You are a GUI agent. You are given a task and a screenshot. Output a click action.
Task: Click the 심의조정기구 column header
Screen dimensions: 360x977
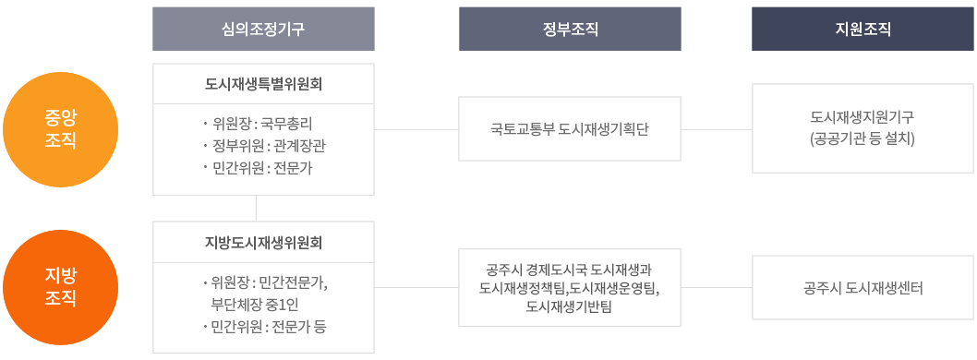pos(263,29)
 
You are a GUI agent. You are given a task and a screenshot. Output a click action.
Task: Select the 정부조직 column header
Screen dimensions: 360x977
pos(570,29)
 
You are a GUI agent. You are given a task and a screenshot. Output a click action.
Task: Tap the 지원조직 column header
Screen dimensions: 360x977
pos(862,29)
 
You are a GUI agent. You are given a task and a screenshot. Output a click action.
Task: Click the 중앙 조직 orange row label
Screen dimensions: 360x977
pos(61,129)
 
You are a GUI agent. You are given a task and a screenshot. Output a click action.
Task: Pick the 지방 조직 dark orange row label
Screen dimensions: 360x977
pos(61,287)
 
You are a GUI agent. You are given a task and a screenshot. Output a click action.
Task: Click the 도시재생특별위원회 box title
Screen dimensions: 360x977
pos(263,85)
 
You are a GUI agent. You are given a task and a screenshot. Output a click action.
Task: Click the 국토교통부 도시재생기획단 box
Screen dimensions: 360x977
pos(570,129)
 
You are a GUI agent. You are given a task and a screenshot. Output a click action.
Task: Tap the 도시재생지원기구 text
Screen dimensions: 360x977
pos(862,118)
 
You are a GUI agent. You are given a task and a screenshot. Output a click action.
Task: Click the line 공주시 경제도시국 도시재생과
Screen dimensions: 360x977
pos(570,270)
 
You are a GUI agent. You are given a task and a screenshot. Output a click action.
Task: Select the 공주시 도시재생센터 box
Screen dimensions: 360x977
pos(862,288)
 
